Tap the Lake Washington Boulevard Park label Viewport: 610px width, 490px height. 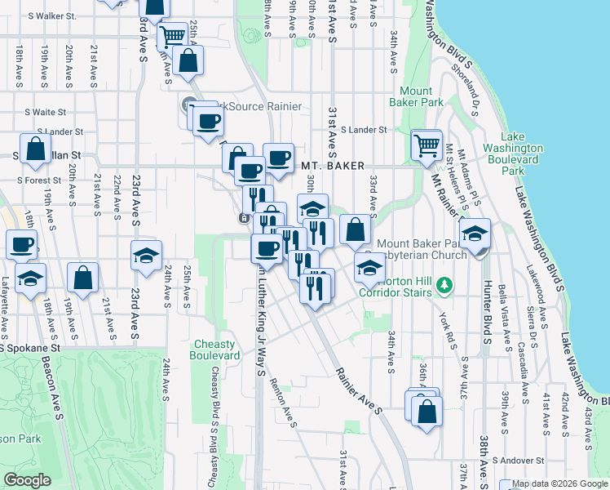pyautogui.click(x=512, y=154)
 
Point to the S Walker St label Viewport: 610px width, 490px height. pyautogui.click(x=51, y=16)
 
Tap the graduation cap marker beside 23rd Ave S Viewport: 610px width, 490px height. pyautogui.click(x=146, y=256)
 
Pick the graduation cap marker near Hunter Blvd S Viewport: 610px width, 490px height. pyautogui.click(x=475, y=234)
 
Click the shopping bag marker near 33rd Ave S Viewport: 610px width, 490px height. pyautogui.click(x=355, y=230)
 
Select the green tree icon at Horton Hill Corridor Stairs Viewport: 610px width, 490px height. pyautogui.click(x=444, y=285)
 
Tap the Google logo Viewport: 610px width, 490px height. pyautogui.click(x=27, y=480)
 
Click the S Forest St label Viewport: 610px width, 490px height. pyautogui.click(x=39, y=180)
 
